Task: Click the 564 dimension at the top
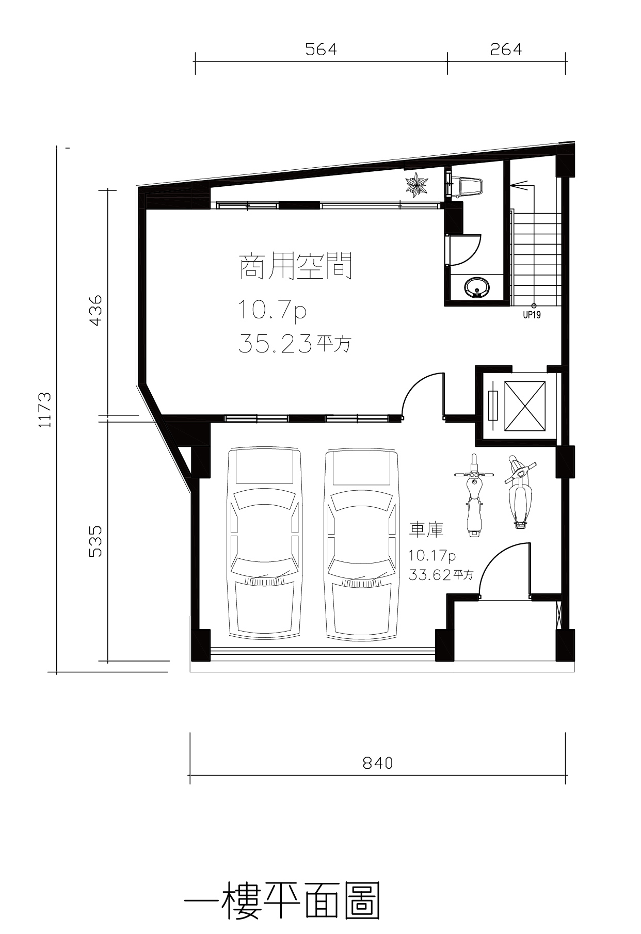(x=320, y=50)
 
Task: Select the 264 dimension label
(x=506, y=50)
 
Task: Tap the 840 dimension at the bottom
(x=378, y=763)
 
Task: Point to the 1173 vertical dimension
(x=45, y=410)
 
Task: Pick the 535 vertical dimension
(x=96, y=541)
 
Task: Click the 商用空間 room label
(x=296, y=266)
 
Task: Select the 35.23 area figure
(x=275, y=343)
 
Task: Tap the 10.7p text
(x=272, y=311)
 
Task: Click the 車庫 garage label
(x=426, y=529)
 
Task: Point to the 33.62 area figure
(x=430, y=574)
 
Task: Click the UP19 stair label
(x=532, y=314)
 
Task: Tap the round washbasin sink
(x=477, y=287)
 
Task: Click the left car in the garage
(x=265, y=545)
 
